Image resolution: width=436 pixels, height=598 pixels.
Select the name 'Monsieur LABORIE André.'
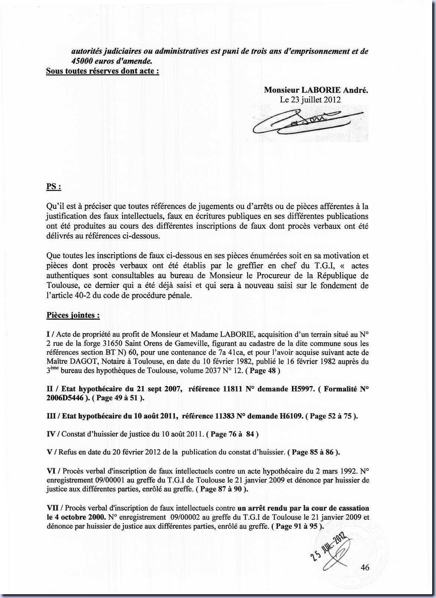pos(316,90)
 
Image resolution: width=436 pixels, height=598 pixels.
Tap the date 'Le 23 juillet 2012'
pos(310,100)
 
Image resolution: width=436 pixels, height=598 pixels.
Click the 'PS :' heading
pos(53,186)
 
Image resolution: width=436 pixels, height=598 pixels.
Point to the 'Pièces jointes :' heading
pos(73,315)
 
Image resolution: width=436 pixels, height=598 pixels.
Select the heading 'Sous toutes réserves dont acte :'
pos(103,71)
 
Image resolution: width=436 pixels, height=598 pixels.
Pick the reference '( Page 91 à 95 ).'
pos(297,526)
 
